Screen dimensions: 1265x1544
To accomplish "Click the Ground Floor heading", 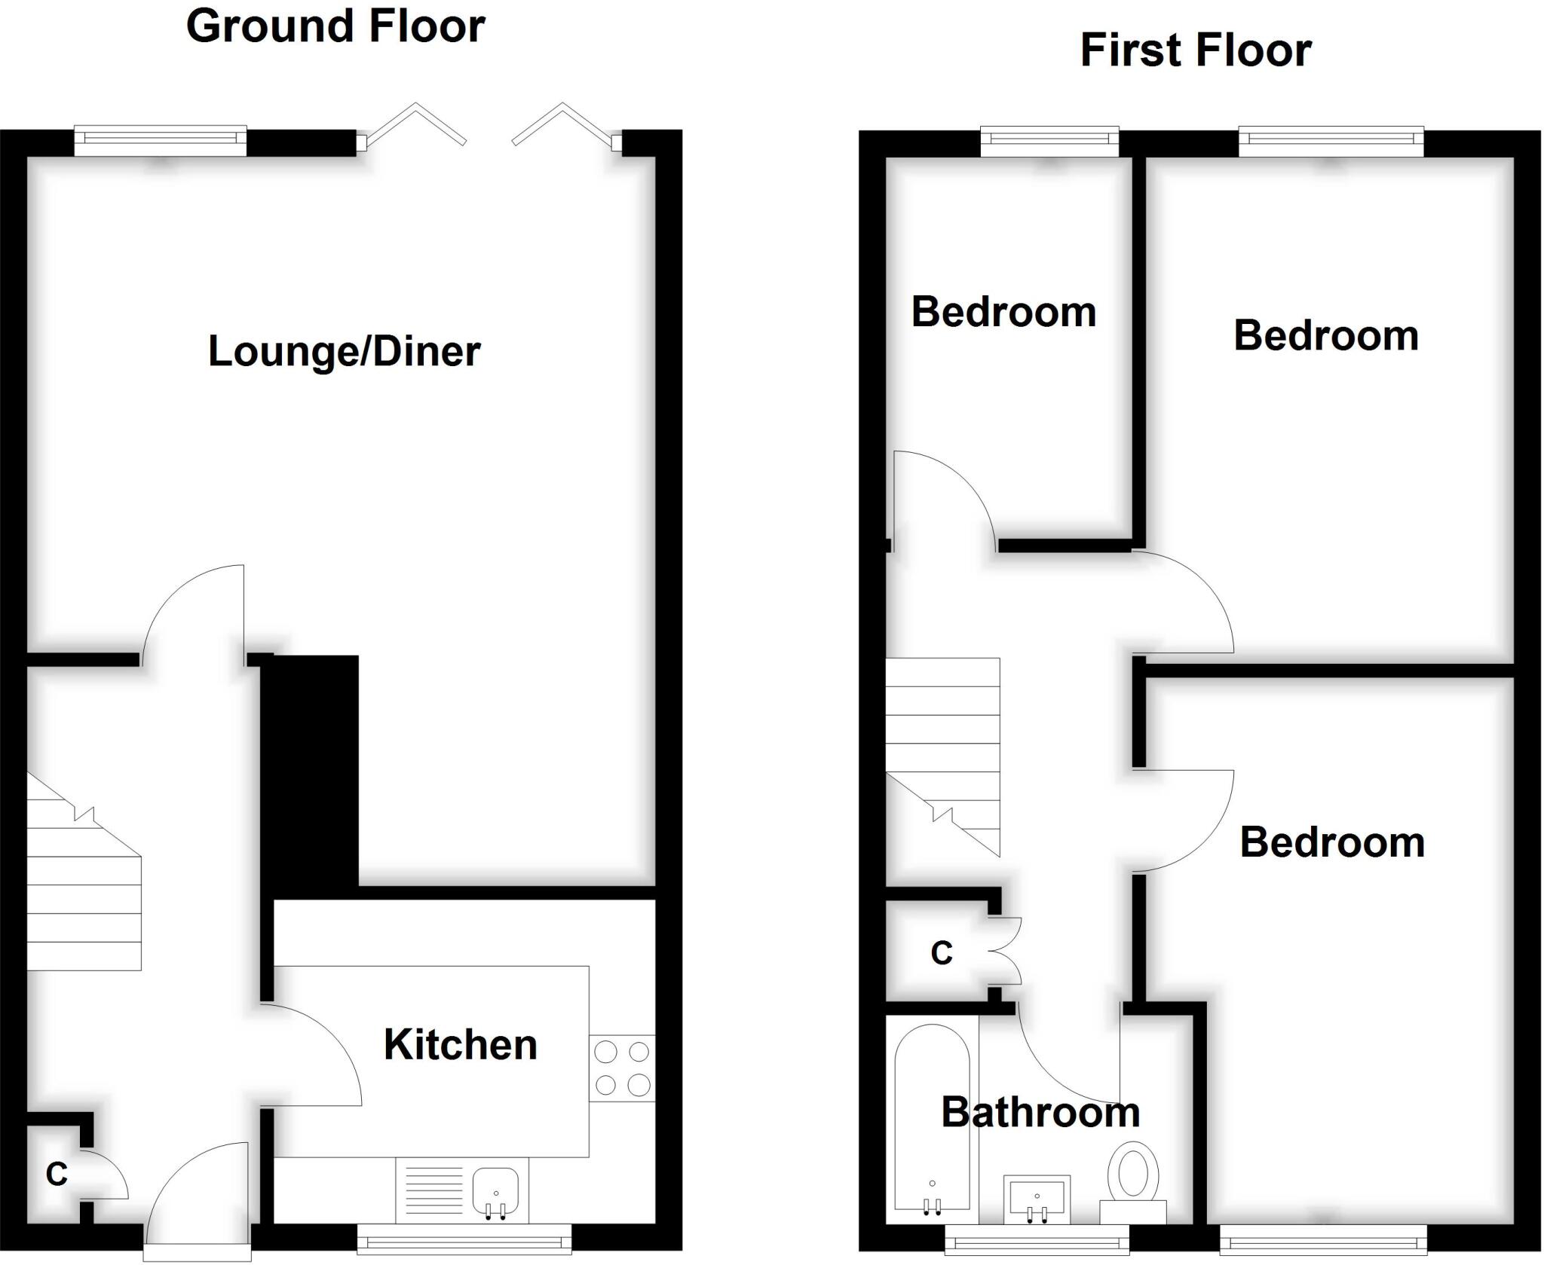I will (335, 27).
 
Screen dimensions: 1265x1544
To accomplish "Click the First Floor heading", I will (1196, 51).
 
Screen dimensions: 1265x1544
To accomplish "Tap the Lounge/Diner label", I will (344, 352).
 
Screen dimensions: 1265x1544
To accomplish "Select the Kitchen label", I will (460, 1045).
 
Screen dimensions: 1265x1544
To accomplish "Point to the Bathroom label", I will (1040, 1112).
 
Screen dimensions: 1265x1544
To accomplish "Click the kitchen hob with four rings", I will (623, 1068).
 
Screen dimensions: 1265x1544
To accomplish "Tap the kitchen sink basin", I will (495, 1190).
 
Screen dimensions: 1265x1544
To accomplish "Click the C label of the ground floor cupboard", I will (57, 1173).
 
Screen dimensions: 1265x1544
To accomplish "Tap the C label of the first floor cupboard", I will (942, 953).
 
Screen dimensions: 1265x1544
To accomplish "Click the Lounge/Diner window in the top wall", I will (161, 140).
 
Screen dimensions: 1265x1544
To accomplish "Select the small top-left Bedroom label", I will (1003, 312).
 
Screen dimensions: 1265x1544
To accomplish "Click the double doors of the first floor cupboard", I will (1005, 951).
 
